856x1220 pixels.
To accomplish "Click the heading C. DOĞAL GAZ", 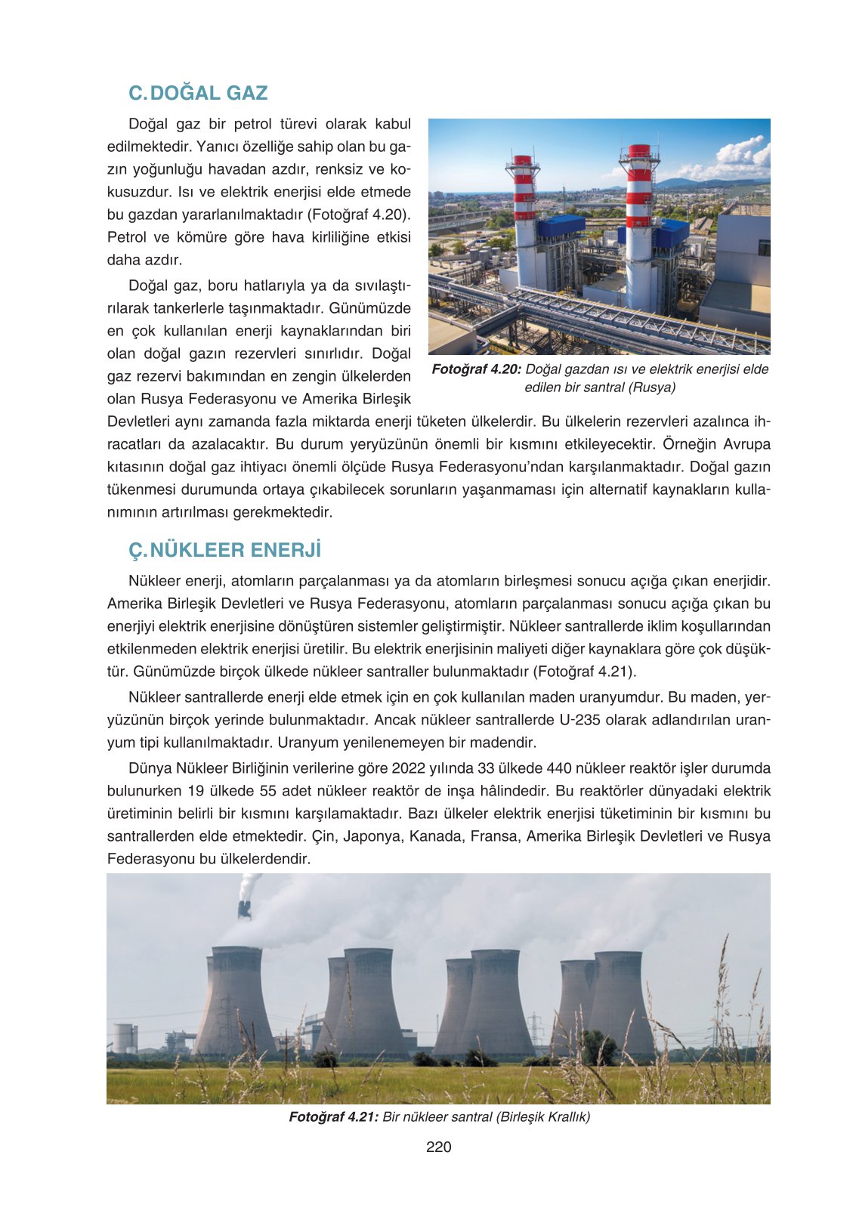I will [x=198, y=93].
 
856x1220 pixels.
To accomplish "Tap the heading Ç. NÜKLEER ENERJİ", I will [x=224, y=550].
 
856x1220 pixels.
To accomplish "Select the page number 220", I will [x=438, y=1147].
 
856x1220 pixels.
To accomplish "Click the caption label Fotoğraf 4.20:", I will [x=476, y=369].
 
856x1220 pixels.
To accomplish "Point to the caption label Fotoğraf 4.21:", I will [x=333, y=1117].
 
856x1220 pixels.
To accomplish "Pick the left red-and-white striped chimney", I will [x=524, y=196].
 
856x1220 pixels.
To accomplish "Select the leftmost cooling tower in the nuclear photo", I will [x=236, y=1001].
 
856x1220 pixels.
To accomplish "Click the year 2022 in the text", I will [x=406, y=768].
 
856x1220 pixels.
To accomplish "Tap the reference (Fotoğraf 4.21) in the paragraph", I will [x=584, y=672].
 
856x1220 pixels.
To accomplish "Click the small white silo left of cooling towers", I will [x=123, y=1038].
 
